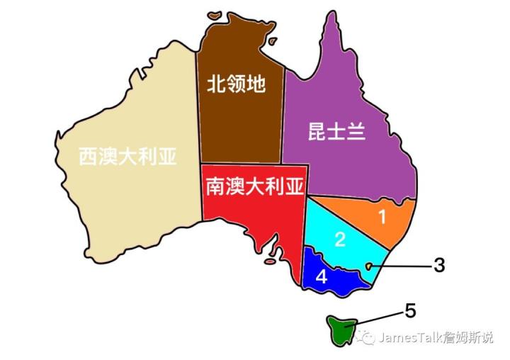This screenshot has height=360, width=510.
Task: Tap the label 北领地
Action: pyautogui.click(x=236, y=84)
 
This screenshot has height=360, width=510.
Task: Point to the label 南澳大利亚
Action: pyautogui.click(x=254, y=186)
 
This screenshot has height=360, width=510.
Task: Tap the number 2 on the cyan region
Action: pyautogui.click(x=340, y=240)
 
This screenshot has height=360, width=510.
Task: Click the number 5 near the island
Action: pyautogui.click(x=410, y=310)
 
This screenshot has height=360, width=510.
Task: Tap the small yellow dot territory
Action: pyautogui.click(x=368, y=266)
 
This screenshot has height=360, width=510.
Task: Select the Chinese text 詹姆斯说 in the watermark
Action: pyautogui.click(x=467, y=337)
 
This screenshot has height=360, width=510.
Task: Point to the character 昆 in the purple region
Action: pyautogui.click(x=317, y=132)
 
